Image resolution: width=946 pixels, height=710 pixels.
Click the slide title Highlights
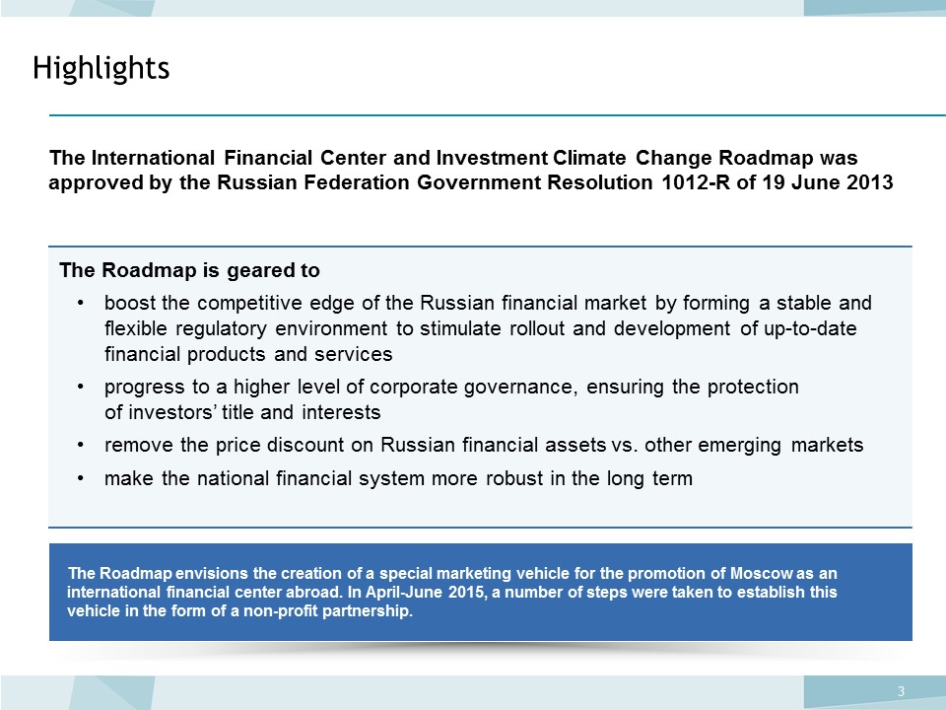click(101, 68)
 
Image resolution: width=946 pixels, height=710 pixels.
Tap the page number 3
click(902, 691)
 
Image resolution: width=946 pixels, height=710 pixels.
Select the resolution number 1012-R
click(696, 182)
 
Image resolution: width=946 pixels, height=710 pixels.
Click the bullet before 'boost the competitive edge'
click(80, 303)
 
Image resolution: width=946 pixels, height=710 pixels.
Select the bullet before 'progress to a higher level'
click(80, 387)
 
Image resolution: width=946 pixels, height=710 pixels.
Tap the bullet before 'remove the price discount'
click(80, 446)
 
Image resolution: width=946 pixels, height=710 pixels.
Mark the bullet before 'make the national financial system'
click(80, 479)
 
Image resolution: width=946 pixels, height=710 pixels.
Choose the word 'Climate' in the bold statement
click(589, 158)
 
